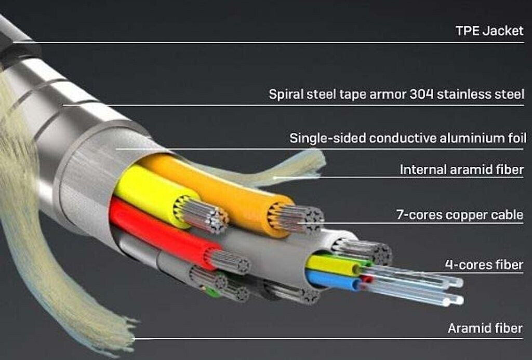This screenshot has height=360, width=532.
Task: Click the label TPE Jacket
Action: (489, 31)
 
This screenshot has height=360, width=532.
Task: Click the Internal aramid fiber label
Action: (461, 170)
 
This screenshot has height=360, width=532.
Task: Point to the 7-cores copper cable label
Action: (459, 215)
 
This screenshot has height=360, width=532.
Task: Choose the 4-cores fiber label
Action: (484, 265)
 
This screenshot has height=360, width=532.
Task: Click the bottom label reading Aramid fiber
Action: (485, 328)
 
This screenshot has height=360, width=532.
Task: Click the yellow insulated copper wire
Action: (145, 192)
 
